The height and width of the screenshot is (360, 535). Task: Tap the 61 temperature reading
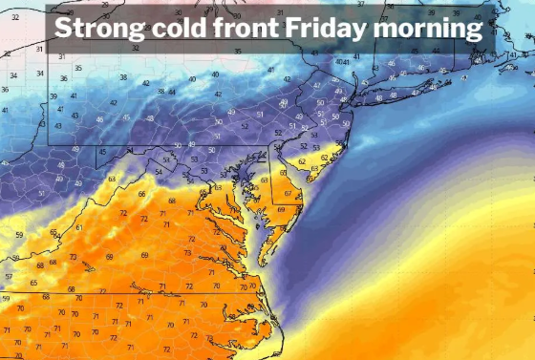[79, 227]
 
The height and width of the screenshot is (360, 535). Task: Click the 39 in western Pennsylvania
[53, 96]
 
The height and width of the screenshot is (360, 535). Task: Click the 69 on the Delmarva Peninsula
[281, 210]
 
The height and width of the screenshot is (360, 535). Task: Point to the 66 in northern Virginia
[141, 194]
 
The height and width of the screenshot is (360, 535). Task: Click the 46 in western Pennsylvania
[98, 120]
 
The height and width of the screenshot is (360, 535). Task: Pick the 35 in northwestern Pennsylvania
[77, 69]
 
